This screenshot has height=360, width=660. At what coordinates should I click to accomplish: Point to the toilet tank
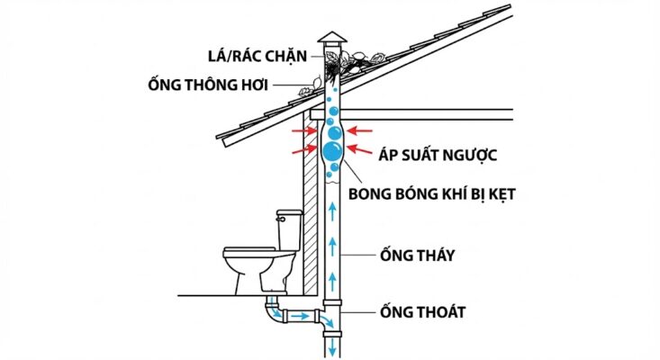click(288, 230)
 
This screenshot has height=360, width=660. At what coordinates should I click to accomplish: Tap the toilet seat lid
click(248, 249)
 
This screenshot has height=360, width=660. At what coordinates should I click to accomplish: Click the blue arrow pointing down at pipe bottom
click(331, 346)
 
